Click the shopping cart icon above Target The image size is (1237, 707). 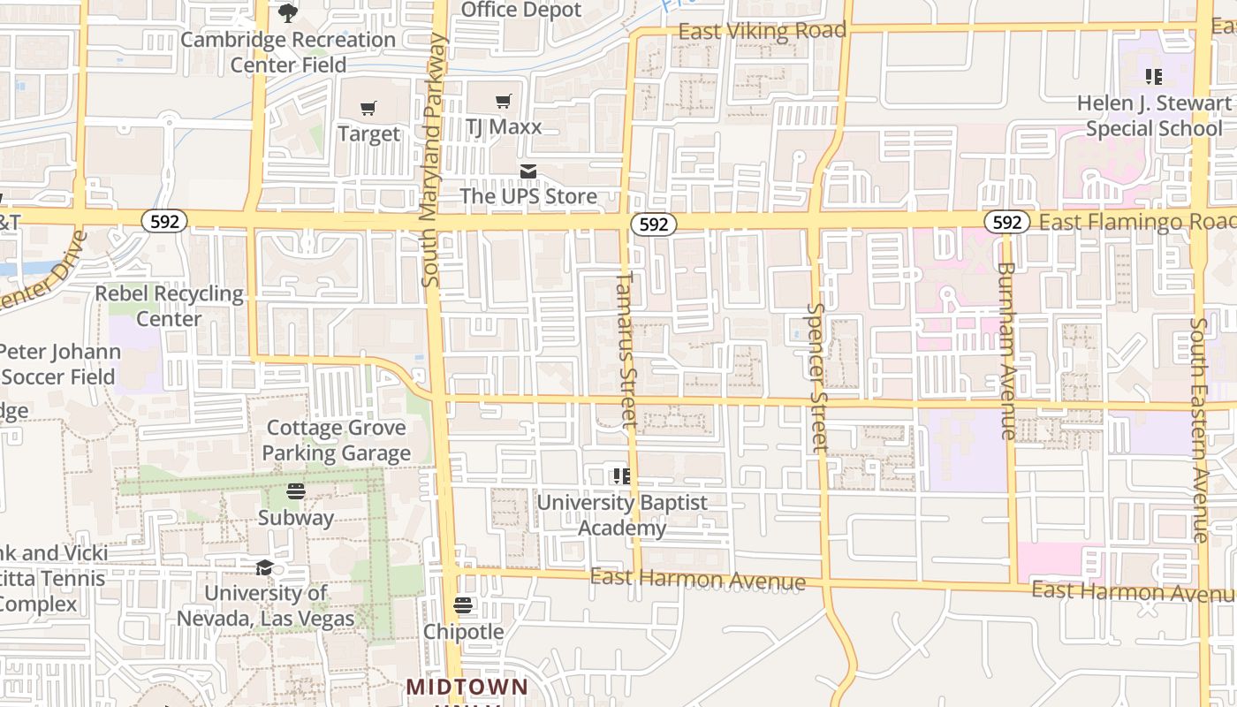pyautogui.click(x=368, y=108)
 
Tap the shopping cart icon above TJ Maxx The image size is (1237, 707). pyautogui.click(x=503, y=102)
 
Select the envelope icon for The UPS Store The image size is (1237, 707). pyautogui.click(x=528, y=171)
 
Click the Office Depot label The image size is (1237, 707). pyautogui.click(x=521, y=11)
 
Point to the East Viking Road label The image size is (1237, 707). pyautogui.click(x=762, y=31)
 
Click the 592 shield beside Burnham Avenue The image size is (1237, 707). pyautogui.click(x=1007, y=222)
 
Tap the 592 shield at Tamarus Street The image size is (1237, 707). pyautogui.click(x=654, y=224)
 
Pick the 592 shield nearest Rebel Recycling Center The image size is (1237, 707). pyautogui.click(x=164, y=222)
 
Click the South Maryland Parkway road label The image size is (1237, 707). pyautogui.click(x=432, y=159)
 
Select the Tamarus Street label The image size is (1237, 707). pyautogui.click(x=626, y=349)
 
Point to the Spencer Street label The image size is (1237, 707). pyautogui.click(x=817, y=377)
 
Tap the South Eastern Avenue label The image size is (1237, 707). pyautogui.click(x=1199, y=429)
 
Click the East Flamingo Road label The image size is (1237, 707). pyautogui.click(x=1136, y=221)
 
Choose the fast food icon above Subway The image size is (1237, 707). pyautogui.click(x=296, y=491)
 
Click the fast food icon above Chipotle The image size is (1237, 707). pyautogui.click(x=463, y=605)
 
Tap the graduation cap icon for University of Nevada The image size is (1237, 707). pyautogui.click(x=264, y=567)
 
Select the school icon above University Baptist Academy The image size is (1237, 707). pyautogui.click(x=622, y=476)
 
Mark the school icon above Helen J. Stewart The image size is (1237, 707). pyautogui.click(x=1153, y=77)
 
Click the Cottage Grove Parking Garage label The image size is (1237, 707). pyautogui.click(x=337, y=440)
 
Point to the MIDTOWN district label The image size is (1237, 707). pyautogui.click(x=467, y=687)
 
